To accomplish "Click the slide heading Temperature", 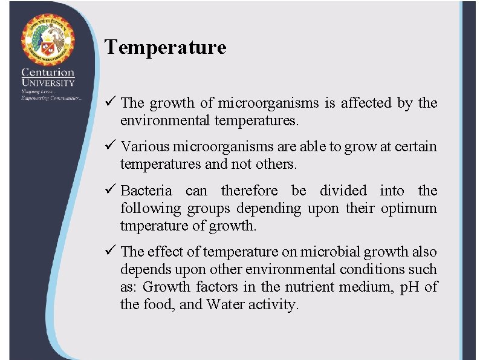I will point(165,47).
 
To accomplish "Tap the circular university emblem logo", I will point(48,39).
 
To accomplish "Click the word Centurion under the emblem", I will point(48,73).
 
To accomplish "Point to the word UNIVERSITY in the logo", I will point(48,83).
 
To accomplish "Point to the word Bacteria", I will point(146,191).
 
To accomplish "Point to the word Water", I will point(227,305).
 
